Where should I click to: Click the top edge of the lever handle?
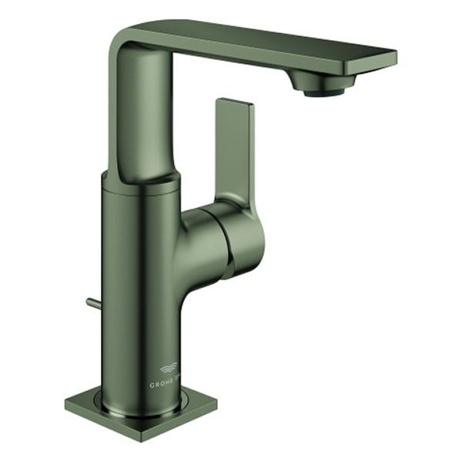click(235, 101)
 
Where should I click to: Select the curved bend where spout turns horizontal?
click(129, 42)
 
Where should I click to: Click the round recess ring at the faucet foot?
click(142, 407)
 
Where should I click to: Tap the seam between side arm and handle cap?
click(227, 243)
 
